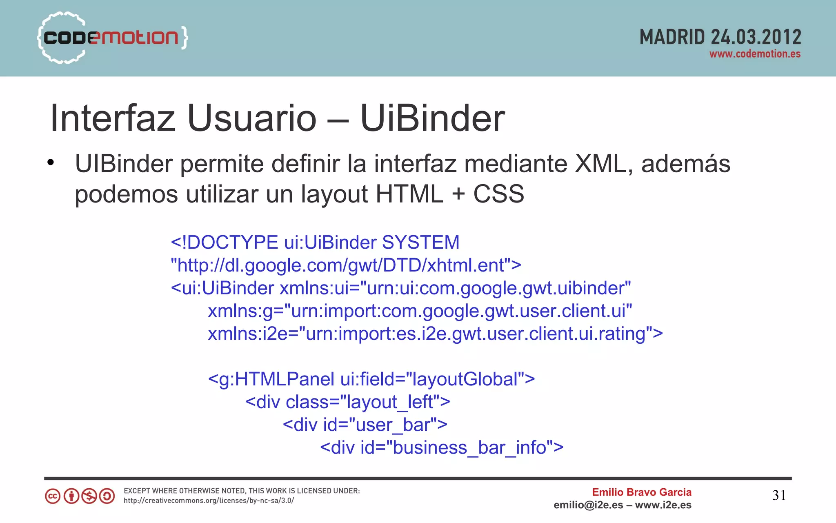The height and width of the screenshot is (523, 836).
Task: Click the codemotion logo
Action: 112,38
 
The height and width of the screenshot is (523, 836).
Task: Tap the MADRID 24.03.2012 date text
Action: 720,37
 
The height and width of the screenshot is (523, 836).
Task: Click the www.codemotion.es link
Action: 755,54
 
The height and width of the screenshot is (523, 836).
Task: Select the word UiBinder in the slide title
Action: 432,118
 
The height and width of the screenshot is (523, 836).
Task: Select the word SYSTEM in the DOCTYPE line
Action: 420,243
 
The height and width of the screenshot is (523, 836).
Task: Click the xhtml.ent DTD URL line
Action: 346,265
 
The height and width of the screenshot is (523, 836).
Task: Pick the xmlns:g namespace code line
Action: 420,311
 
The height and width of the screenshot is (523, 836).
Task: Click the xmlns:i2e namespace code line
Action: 435,334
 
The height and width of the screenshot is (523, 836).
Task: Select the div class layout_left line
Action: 348,402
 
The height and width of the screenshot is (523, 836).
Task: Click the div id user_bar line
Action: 365,425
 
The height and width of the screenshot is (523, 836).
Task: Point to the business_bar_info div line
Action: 442,448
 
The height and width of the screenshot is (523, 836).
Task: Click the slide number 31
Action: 779,495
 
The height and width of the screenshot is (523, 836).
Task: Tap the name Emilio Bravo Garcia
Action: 642,492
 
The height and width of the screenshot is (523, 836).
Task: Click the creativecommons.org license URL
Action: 209,501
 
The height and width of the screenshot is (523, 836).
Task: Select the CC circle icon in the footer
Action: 53,496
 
